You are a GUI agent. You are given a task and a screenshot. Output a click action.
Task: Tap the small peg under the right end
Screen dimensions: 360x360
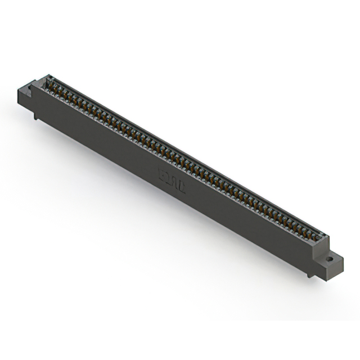(308, 274)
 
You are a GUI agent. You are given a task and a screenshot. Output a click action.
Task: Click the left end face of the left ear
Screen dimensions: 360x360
(21, 98)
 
